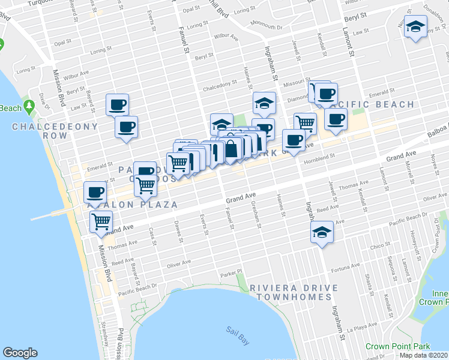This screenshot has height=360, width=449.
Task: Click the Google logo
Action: [20, 353]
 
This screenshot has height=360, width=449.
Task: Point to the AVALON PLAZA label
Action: [132, 205]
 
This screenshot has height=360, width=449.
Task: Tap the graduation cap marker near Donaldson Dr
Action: [415, 27]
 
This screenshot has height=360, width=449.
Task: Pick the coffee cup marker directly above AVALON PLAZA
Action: [95, 192]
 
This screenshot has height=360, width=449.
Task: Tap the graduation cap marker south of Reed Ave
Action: [322, 232]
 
